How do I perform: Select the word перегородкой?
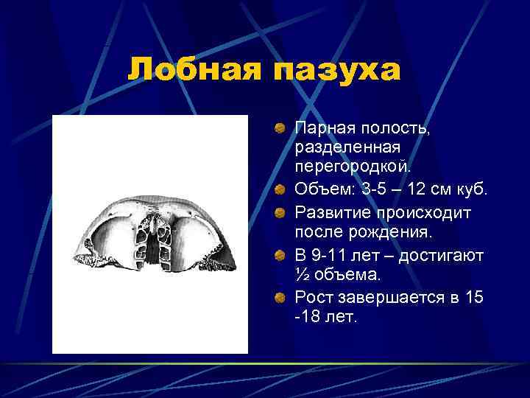pyautogui.click(x=344, y=170)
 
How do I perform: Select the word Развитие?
pyautogui.click(x=331, y=212)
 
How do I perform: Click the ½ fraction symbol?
pyautogui.click(x=302, y=275)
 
